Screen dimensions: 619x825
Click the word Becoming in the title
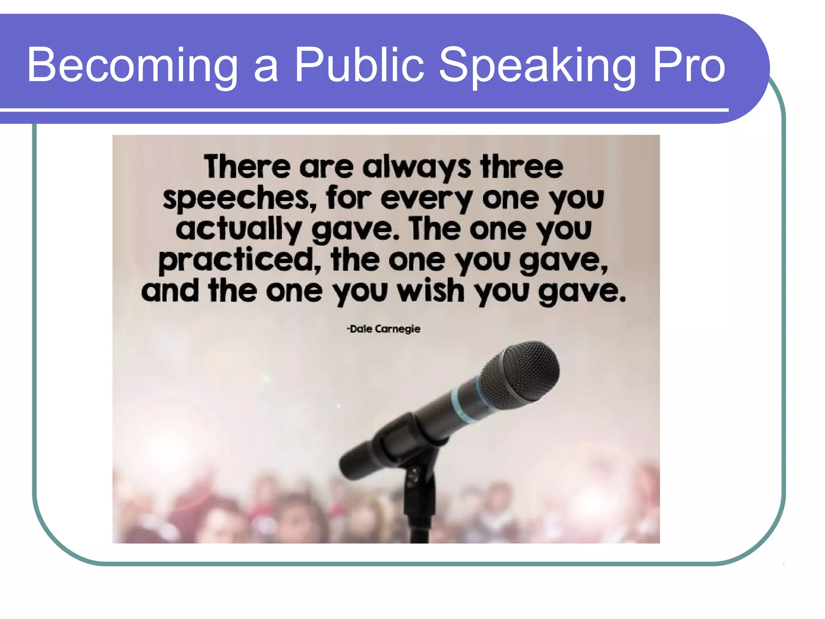(x=133, y=65)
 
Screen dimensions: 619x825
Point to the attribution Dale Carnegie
(x=383, y=329)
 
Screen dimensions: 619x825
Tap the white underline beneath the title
(x=363, y=110)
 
